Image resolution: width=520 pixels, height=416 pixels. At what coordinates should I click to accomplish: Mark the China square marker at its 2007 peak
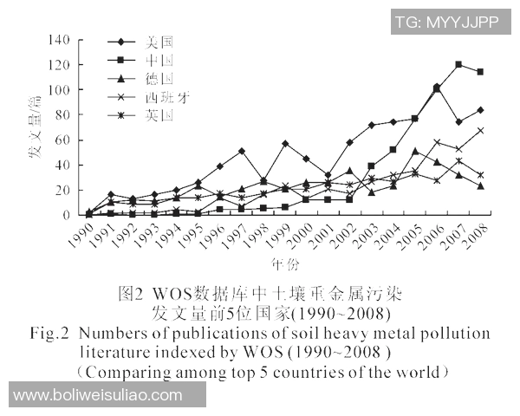(x=458, y=65)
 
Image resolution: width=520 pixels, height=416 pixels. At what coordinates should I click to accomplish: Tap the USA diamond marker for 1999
(x=286, y=143)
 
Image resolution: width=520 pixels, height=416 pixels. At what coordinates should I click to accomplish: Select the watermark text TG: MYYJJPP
(x=446, y=23)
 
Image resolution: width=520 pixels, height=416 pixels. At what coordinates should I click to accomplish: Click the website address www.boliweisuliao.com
(x=98, y=395)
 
